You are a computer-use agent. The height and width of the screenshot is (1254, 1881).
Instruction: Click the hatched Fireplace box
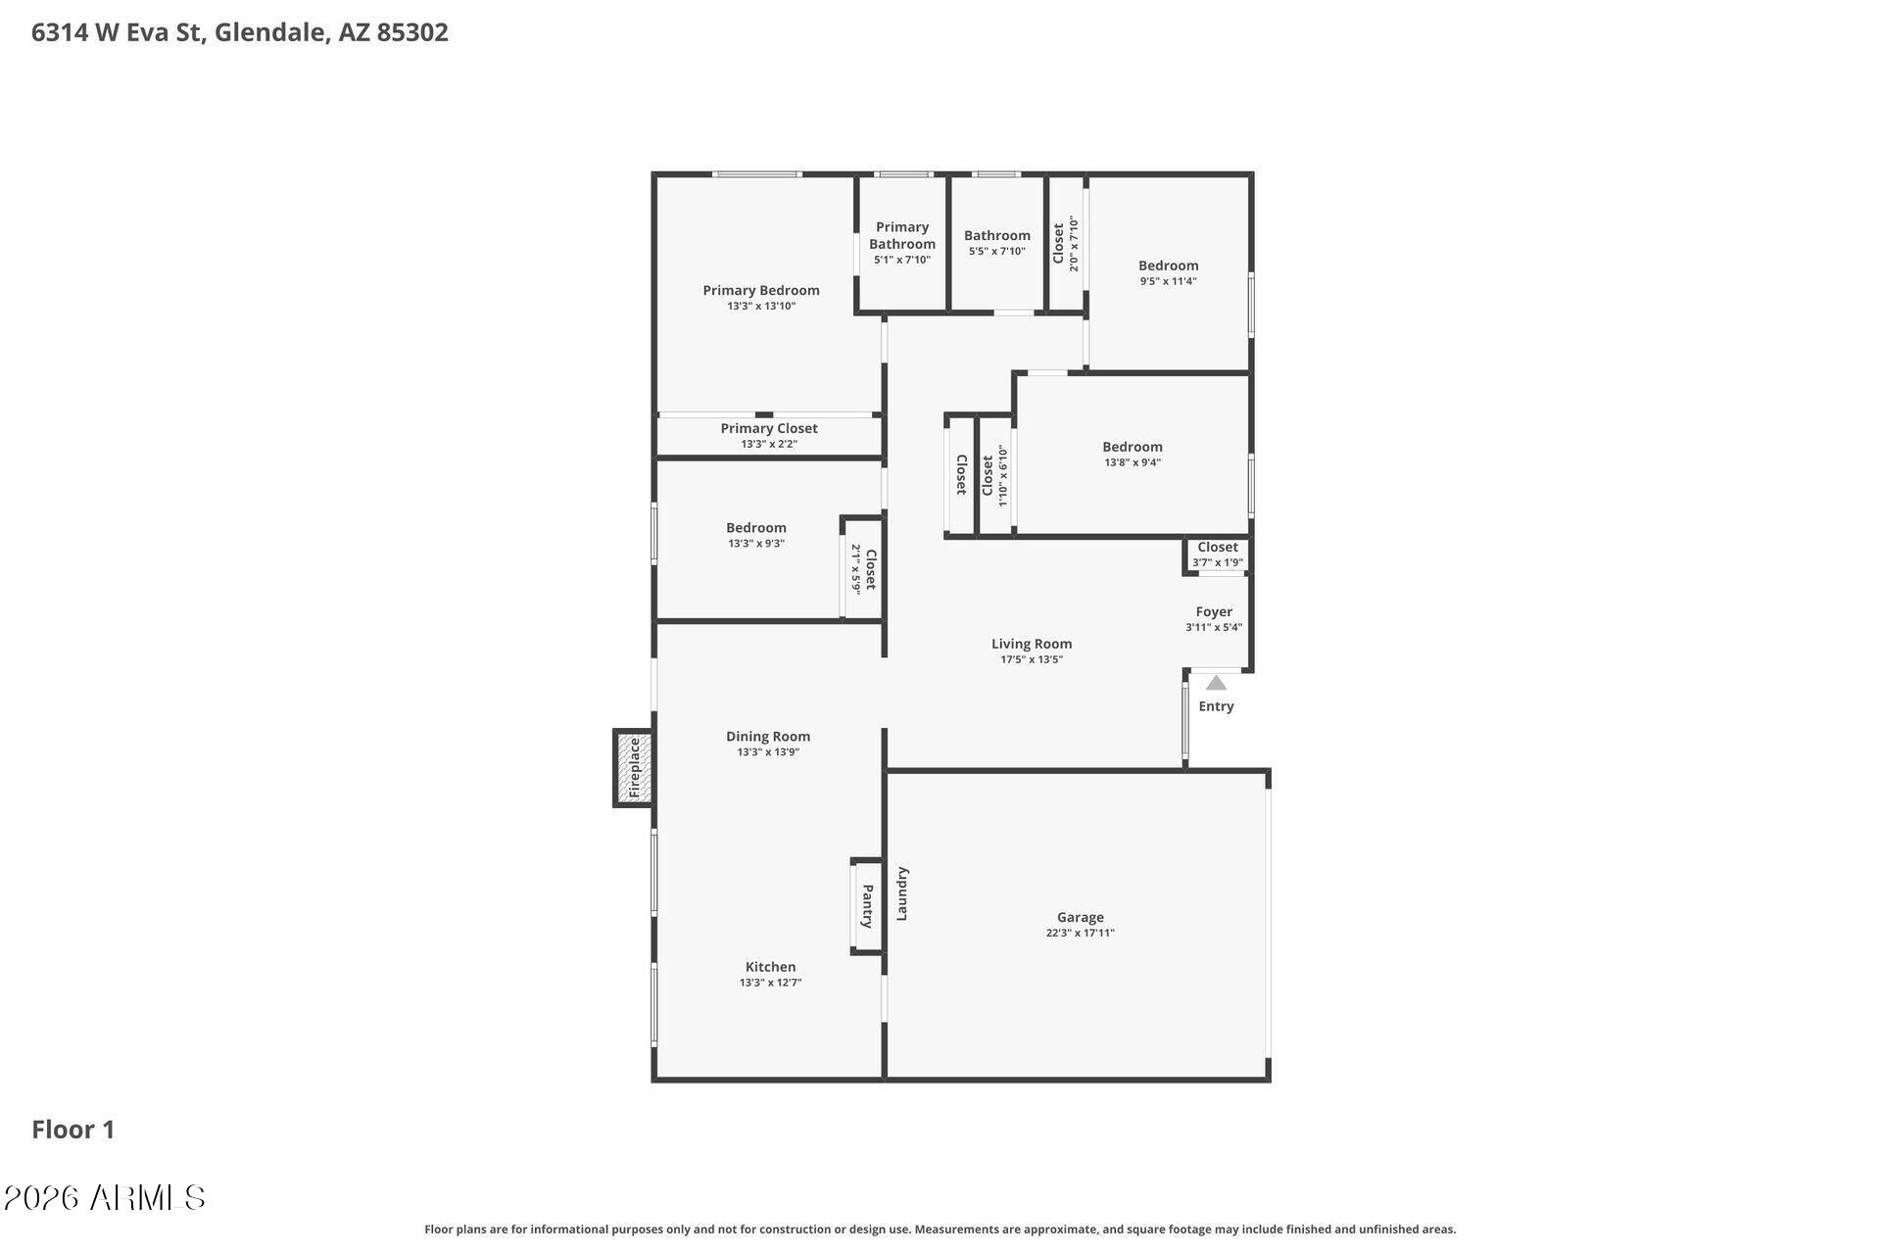[633, 768]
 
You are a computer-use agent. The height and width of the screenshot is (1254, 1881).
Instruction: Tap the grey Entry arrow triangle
[1216, 683]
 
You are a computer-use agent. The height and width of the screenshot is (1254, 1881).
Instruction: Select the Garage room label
[1081, 917]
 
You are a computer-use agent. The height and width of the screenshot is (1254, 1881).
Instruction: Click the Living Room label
[1032, 644]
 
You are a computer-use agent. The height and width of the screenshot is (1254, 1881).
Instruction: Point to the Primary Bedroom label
[761, 290]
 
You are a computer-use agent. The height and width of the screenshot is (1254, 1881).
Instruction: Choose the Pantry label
[868, 906]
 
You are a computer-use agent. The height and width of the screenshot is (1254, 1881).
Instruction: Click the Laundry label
[902, 893]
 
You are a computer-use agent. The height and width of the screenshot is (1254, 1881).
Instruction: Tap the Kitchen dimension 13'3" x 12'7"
[771, 983]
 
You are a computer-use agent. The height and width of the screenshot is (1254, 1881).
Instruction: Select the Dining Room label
[768, 737]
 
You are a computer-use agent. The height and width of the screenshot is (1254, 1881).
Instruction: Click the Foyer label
[1214, 611]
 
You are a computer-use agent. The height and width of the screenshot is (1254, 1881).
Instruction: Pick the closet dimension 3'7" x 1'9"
[1218, 562]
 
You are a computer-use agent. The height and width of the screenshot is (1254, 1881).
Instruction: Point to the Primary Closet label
[769, 428]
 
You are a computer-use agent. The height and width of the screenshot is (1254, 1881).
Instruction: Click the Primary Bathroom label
[902, 235]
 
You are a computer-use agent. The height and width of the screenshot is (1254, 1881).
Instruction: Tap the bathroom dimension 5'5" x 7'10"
[997, 251]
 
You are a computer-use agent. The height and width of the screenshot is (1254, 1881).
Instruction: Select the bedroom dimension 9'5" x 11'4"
[1169, 281]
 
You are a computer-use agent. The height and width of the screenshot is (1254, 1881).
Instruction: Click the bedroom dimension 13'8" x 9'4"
[1133, 462]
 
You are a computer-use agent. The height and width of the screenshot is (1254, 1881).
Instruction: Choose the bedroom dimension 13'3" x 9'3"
[756, 544]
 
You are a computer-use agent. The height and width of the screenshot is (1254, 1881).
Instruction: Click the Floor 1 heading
[73, 1130]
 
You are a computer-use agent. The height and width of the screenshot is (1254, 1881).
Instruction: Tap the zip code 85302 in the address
[412, 32]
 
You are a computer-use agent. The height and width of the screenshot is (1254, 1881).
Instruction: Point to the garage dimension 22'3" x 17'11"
[1081, 933]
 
